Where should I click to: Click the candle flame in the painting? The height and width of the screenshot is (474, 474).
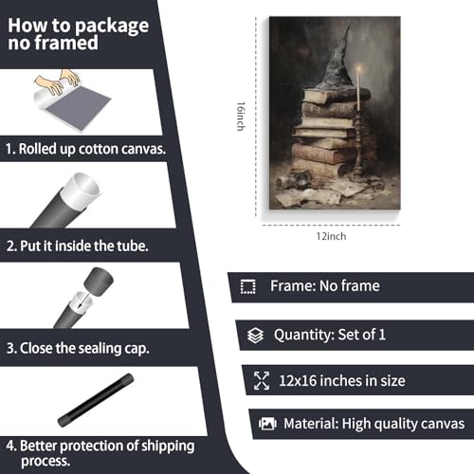(x=359, y=68)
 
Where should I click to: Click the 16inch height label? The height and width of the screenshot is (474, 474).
(x=241, y=117)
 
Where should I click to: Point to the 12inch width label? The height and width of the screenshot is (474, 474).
(x=331, y=236)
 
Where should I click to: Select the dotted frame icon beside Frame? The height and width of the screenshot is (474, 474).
(x=248, y=286)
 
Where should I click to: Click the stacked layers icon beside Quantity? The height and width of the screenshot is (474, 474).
(x=255, y=336)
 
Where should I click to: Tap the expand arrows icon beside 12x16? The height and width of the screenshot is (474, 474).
(x=262, y=380)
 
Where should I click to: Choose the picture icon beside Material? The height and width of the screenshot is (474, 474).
(x=267, y=424)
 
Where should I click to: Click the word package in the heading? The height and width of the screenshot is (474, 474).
(x=112, y=27)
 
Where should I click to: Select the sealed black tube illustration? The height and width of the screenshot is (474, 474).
(x=96, y=400)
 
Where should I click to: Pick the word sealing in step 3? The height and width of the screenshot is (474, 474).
(x=100, y=349)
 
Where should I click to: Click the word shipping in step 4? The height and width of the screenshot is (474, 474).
(x=168, y=447)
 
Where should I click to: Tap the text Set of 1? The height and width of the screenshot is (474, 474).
(x=361, y=335)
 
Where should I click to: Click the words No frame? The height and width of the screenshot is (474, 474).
(x=350, y=286)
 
